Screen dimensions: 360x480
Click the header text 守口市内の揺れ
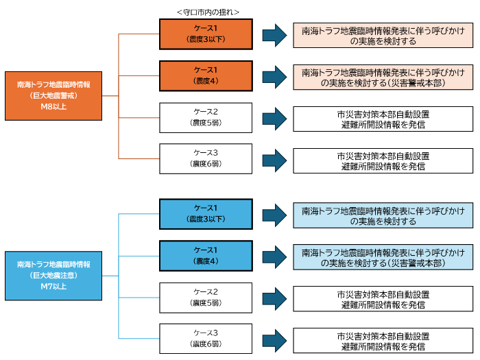click(x=206, y=12)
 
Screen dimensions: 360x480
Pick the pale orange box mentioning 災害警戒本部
click(x=383, y=77)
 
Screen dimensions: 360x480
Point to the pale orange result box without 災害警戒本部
click(x=383, y=36)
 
